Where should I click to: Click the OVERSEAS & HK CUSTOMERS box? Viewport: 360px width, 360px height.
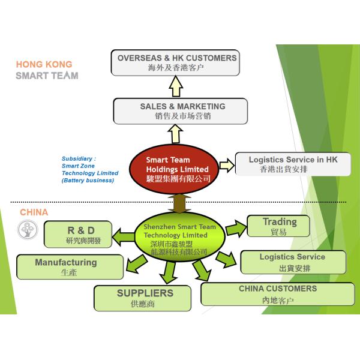176,63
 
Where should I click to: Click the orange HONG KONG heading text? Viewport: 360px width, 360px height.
44,64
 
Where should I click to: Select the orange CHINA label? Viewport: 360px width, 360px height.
34,212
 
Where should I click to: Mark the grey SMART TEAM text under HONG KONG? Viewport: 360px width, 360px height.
47,76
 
